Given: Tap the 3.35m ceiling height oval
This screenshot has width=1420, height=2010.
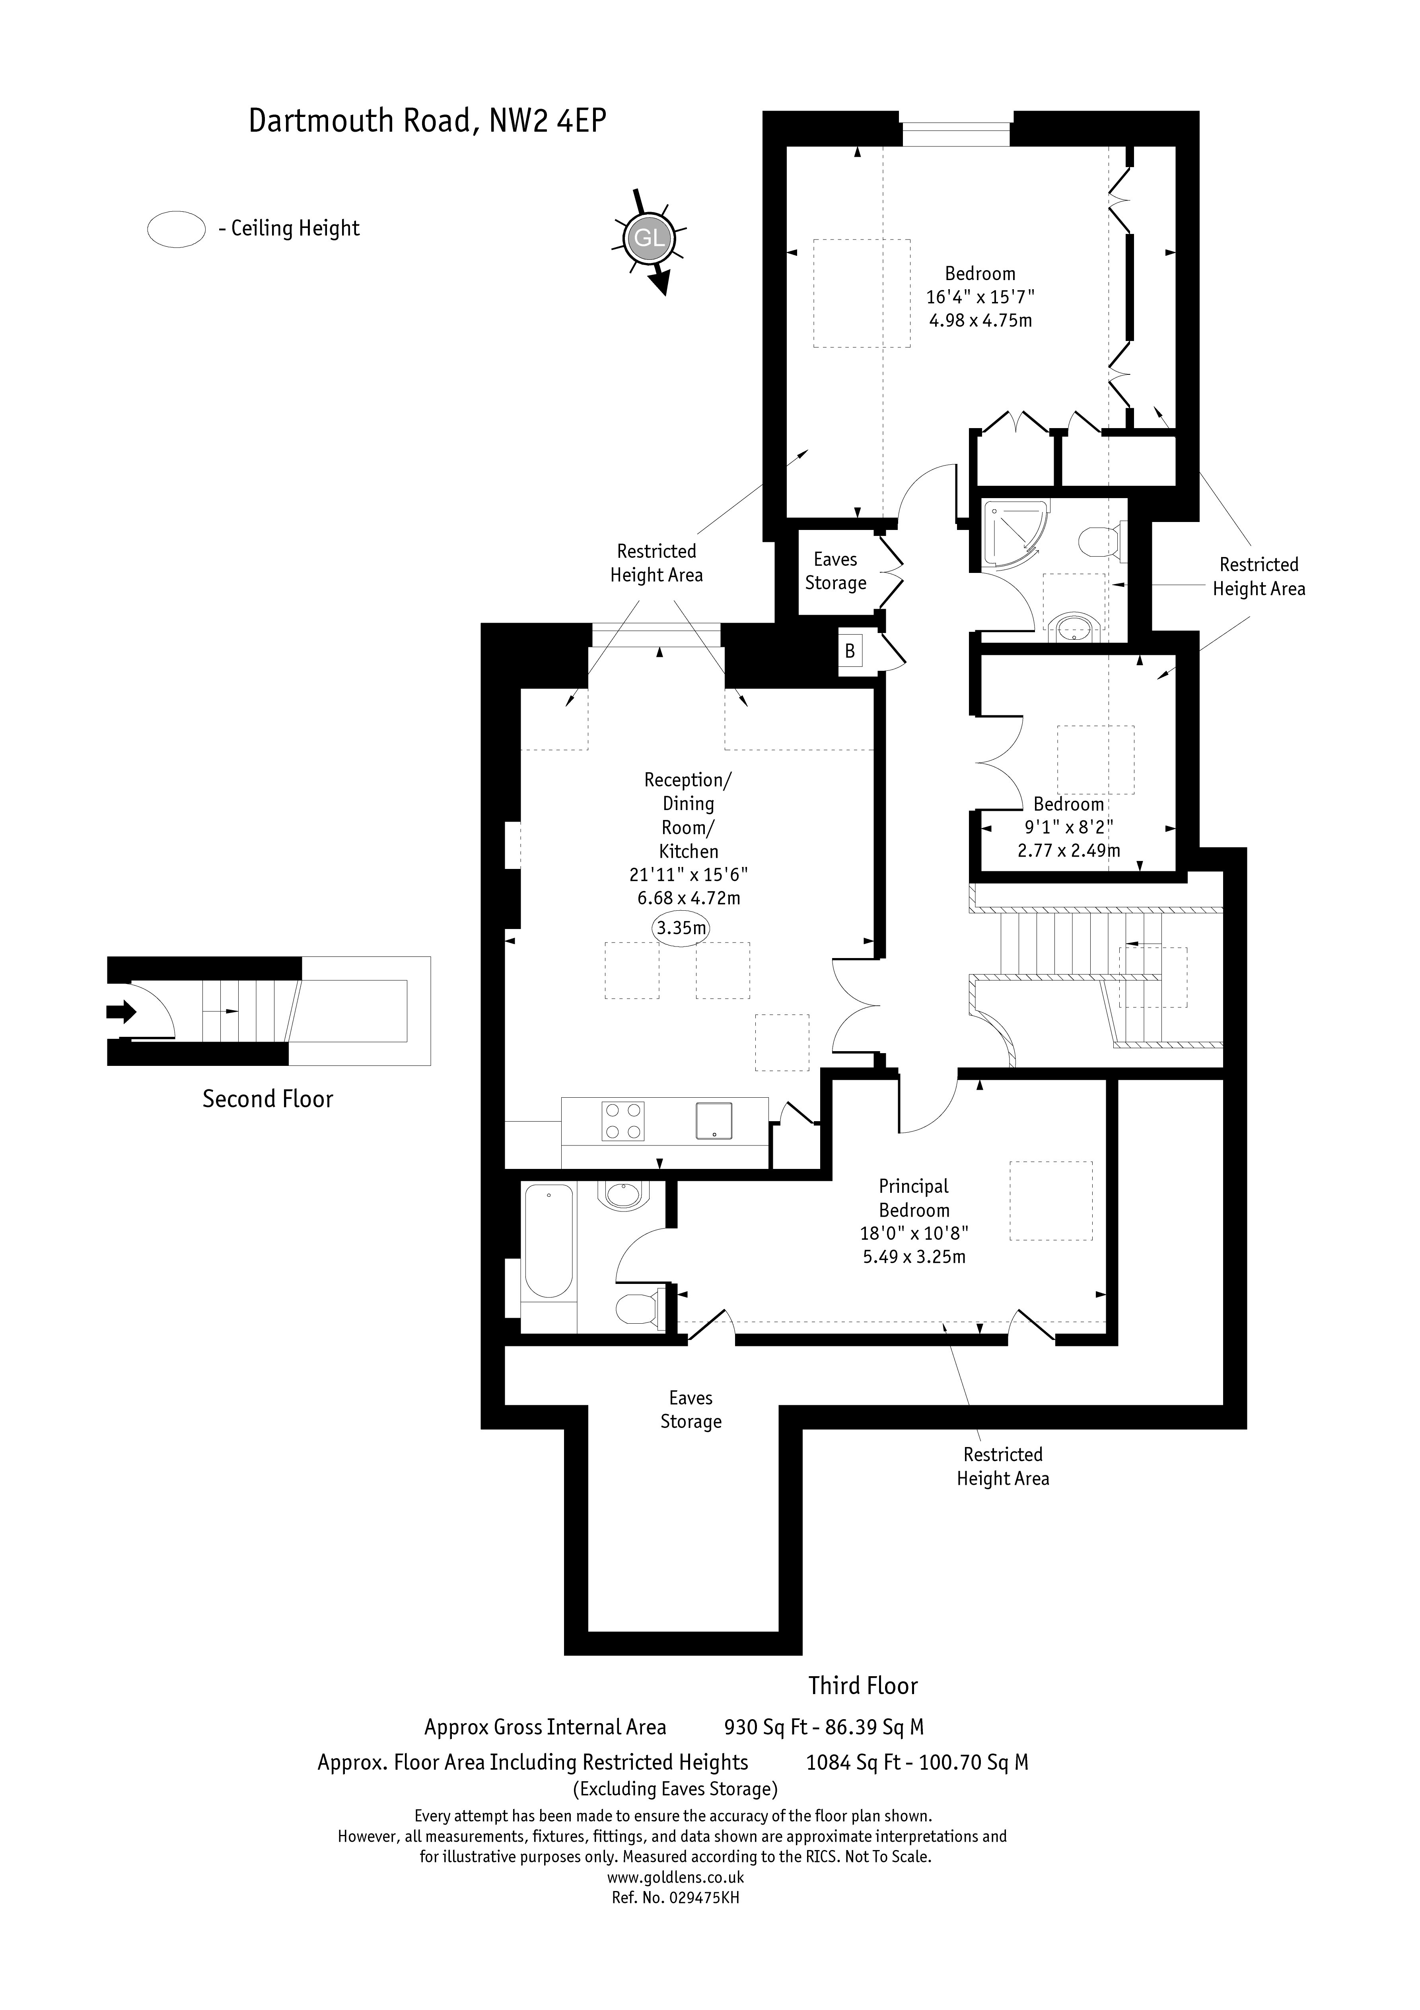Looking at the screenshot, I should tap(680, 928).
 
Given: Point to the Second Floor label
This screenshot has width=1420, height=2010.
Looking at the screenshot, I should tap(268, 1100).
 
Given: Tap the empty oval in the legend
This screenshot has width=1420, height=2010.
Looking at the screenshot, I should tap(176, 229).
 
